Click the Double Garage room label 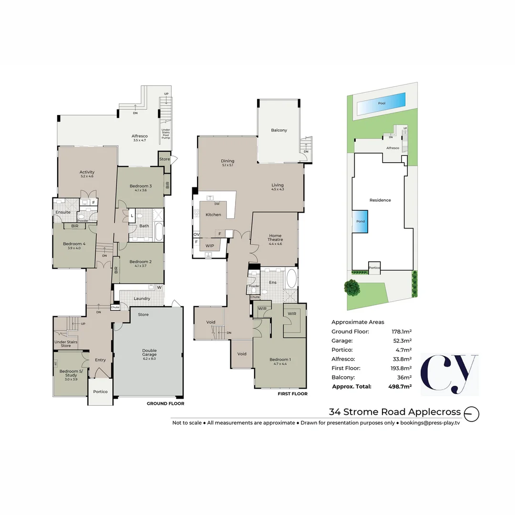149,353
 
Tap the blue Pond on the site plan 360,222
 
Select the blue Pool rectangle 381,103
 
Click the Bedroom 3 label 141,186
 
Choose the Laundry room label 142,299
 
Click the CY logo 449,374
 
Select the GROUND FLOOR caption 165,403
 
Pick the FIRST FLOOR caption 293,394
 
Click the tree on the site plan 351,288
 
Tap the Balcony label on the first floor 279,130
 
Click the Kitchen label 213,215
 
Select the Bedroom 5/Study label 70,373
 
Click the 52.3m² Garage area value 402,340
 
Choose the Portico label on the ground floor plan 100,391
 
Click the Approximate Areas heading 358,322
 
